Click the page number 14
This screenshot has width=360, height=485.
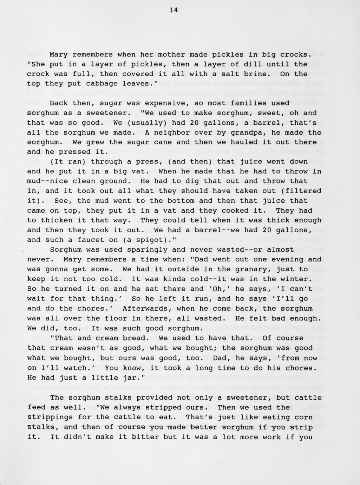click(x=174, y=10)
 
